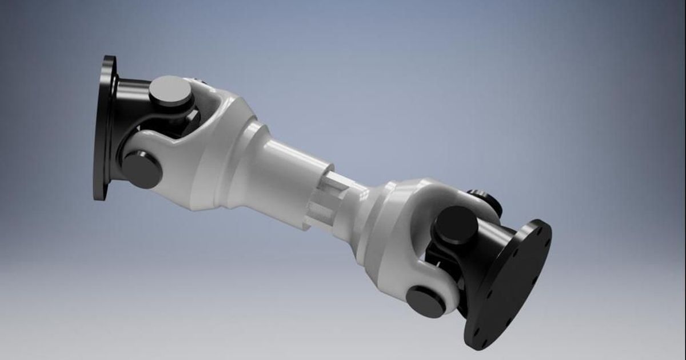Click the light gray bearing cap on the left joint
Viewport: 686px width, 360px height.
(170, 91)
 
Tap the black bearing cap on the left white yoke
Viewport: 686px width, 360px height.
(141, 169)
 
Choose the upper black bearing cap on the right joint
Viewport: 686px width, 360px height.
(456, 225)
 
